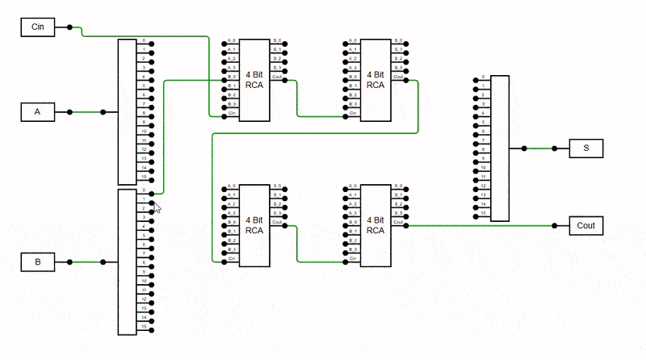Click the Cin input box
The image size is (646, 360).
38,27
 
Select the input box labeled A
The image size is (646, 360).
38,112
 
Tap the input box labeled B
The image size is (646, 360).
38,262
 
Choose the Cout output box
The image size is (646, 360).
585,225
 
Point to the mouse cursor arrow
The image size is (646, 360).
157,207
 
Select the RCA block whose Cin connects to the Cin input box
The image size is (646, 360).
254,79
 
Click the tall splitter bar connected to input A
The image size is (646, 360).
128,111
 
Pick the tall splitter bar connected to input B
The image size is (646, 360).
128,262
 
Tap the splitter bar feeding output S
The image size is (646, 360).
501,148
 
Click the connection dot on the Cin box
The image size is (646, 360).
69,27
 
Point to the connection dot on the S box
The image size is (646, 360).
555,149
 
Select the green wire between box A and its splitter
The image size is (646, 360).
86,112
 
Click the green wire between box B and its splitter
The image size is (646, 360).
86,262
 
